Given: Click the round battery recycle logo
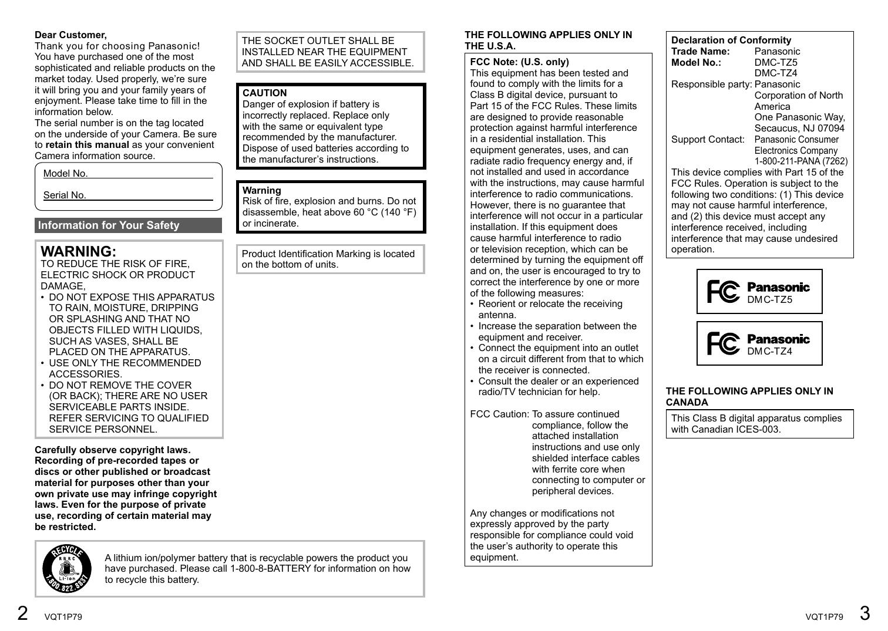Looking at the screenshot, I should click(67, 568).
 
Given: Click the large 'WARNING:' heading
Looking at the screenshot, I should click(78, 251).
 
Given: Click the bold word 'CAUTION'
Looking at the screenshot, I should click(264, 93).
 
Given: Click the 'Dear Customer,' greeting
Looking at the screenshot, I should click(70, 35).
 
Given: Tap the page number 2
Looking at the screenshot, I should click(22, 613).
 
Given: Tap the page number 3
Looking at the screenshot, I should click(865, 613).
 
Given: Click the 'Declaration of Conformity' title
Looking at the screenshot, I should click(731, 40).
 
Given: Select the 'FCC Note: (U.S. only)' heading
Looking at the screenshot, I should click(519, 62).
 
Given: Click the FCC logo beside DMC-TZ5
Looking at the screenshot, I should click(723, 292).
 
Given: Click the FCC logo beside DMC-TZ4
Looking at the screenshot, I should click(723, 343).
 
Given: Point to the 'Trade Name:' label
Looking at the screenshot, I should click(700, 51).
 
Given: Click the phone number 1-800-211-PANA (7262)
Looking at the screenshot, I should click(800, 161).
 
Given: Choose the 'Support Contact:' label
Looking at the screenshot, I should click(708, 140).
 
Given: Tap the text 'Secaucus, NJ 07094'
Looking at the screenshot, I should click(799, 129).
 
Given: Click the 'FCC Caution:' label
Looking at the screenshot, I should click(499, 414).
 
